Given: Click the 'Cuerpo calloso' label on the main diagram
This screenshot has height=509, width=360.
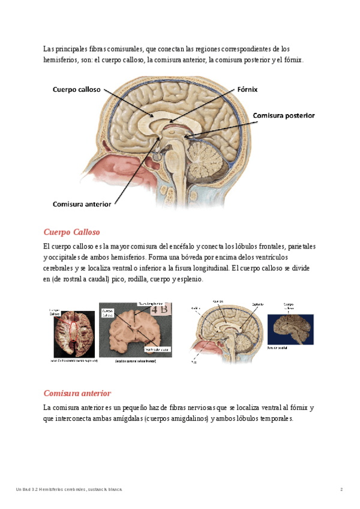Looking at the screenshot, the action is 76,89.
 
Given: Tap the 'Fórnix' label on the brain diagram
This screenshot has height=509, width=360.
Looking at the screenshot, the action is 247,89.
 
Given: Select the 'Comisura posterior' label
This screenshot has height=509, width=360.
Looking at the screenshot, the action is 283,115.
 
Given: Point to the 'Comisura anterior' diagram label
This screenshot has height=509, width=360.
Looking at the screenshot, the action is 82,204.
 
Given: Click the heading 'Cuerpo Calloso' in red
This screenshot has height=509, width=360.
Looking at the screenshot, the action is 71,232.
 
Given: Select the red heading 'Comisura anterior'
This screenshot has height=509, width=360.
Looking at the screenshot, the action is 77,393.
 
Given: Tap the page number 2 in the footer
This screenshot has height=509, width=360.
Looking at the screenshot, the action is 341,490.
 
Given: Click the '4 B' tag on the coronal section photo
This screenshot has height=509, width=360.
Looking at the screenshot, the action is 161,310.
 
